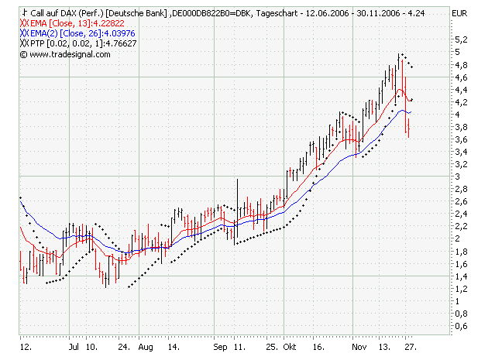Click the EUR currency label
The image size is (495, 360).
[459, 14]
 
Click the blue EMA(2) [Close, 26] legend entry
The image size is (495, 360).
[77, 34]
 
